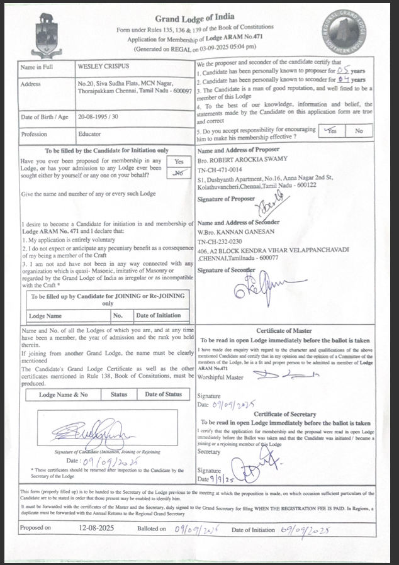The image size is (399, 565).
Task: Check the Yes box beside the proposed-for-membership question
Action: pos(179,162)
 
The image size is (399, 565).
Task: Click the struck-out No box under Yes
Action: pos(179,171)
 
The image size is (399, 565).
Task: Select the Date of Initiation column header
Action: pos(158,316)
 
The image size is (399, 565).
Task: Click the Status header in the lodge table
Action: pos(119,394)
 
